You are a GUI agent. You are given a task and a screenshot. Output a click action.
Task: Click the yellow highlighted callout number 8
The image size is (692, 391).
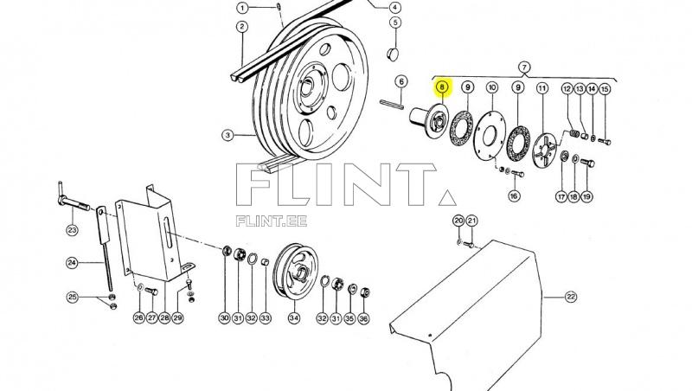pos(442,87)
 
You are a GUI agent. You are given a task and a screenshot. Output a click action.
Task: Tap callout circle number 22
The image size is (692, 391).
pos(570,298)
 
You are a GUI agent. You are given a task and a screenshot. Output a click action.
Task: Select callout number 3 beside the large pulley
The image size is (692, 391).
pos(227,135)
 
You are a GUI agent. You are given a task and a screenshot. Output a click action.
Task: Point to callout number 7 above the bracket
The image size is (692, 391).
pos(523,67)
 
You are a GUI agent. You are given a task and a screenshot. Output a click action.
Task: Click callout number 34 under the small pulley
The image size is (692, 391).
pos(293,318)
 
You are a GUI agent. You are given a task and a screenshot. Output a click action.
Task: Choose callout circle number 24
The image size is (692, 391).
pos(73,262)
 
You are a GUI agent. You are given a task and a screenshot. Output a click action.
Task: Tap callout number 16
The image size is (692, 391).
pos(514,196)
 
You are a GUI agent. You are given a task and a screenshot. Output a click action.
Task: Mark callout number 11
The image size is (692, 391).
pos(542,88)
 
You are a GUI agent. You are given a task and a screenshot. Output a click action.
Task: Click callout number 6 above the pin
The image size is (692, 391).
pos(400,82)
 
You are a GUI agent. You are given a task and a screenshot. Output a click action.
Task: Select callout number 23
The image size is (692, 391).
pos(72,229)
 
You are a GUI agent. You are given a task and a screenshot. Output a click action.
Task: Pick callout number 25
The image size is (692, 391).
pos(73,298)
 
